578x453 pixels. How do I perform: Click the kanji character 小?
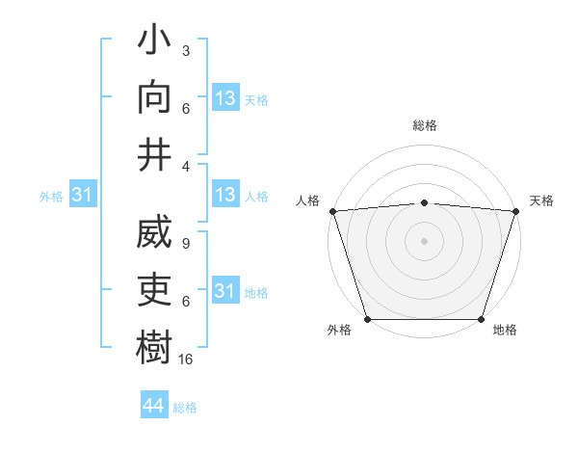155,44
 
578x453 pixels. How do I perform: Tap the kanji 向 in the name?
155,99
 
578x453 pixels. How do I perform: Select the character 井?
155,154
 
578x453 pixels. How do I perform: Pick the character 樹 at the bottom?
155,347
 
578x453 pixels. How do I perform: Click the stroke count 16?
186,359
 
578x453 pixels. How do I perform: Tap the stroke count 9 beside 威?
186,245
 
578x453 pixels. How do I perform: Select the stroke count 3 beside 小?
186,49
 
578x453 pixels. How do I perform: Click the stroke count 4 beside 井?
186,165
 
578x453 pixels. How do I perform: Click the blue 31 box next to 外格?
82,196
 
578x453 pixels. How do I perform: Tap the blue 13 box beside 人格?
224,196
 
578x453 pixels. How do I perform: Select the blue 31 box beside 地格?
224,291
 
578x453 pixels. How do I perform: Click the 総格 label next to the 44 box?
185,408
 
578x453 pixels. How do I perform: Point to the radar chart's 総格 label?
424,125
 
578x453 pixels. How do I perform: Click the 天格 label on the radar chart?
541,200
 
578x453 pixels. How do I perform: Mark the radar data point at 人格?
332,210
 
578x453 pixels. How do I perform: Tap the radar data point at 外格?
367,318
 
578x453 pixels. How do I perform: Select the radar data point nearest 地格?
481,318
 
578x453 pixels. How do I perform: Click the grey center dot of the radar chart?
424,240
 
